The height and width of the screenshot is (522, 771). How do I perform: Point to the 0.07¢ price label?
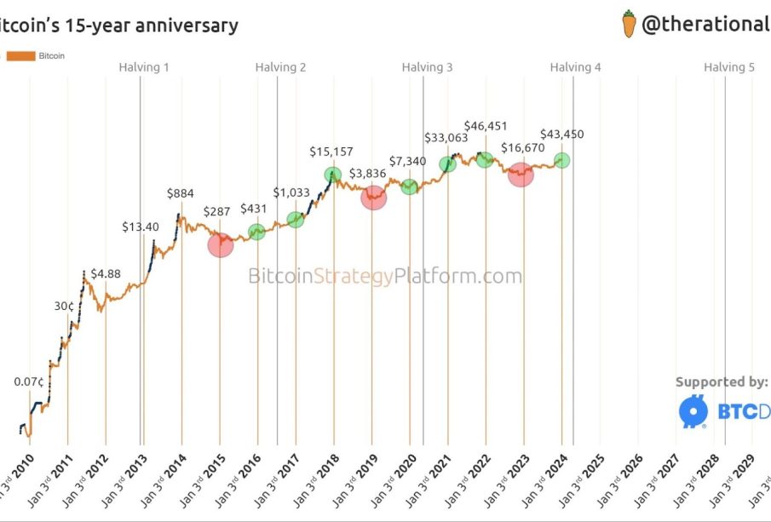[x=30, y=381]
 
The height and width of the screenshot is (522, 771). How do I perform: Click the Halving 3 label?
[x=428, y=67]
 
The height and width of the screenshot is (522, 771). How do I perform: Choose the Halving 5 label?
[x=729, y=67]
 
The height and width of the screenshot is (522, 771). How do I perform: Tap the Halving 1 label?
[x=144, y=67]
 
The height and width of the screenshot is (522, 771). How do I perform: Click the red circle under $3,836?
[x=373, y=198]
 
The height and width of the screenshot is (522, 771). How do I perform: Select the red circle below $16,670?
[x=521, y=174]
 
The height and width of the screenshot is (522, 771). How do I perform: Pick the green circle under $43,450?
[x=561, y=160]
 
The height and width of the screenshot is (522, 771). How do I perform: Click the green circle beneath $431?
[x=256, y=232]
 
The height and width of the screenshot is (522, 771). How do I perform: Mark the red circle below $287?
[x=220, y=245]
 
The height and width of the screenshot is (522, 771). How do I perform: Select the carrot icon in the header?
[x=630, y=24]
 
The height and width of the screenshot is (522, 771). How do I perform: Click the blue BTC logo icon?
[x=693, y=411]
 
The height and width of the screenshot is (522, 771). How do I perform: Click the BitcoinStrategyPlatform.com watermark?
[x=385, y=276]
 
